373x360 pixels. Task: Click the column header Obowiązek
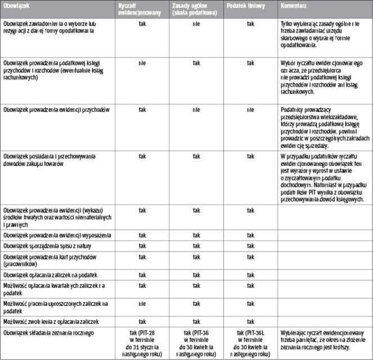(x=16, y=4)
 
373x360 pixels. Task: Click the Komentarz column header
(x=293, y=4)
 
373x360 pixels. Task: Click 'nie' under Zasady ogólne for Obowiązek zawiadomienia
(x=196, y=25)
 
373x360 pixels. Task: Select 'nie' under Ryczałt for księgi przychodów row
(x=142, y=63)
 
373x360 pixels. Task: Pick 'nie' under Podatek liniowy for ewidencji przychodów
(x=250, y=110)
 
